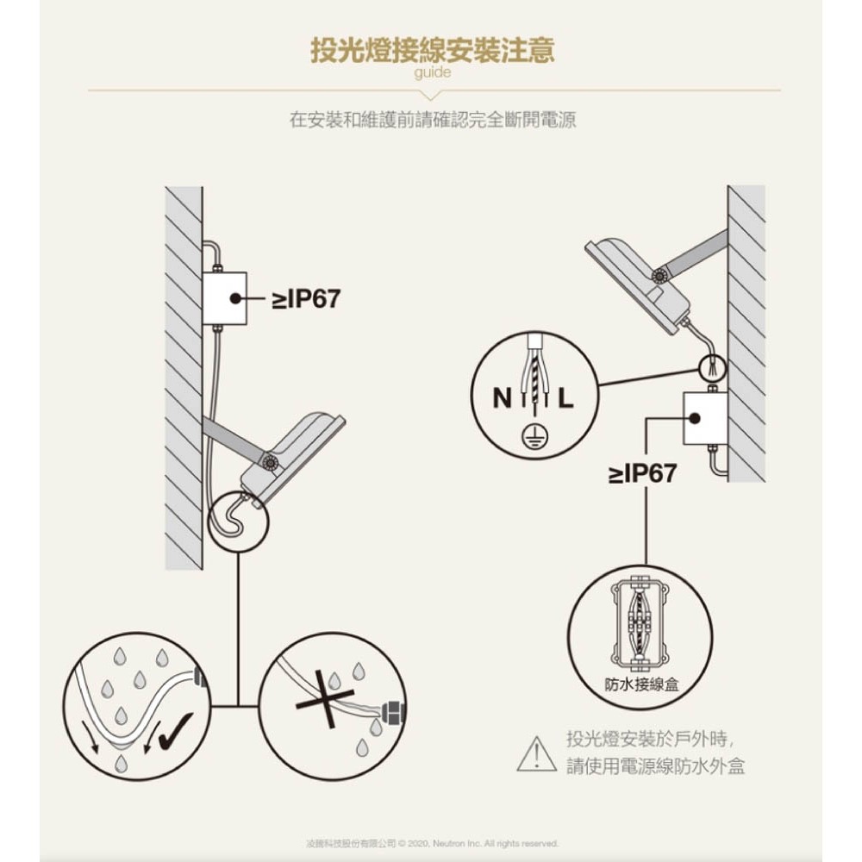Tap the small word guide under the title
pyautogui.click(x=433, y=72)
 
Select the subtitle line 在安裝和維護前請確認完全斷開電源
pyautogui.click(x=433, y=119)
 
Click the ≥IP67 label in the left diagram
pyautogui.click(x=306, y=299)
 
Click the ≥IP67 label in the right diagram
pyautogui.click(x=642, y=473)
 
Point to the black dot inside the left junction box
pyautogui.click(x=236, y=298)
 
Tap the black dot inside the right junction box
pyautogui.click(x=694, y=418)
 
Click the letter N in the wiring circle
pyautogui.click(x=502, y=398)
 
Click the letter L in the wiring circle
pyautogui.click(x=566, y=398)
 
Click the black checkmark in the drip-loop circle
pyautogui.click(x=175, y=731)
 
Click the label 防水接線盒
pyautogui.click(x=641, y=684)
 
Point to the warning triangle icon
pyautogui.click(x=536, y=754)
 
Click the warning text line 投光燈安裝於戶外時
pyautogui.click(x=650, y=739)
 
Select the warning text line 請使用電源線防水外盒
pyautogui.click(x=656, y=765)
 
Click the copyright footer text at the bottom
pyautogui.click(x=432, y=843)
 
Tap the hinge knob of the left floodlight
pyautogui.click(x=271, y=462)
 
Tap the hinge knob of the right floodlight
pyautogui.click(x=659, y=276)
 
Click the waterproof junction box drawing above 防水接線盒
pyautogui.click(x=640, y=623)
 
